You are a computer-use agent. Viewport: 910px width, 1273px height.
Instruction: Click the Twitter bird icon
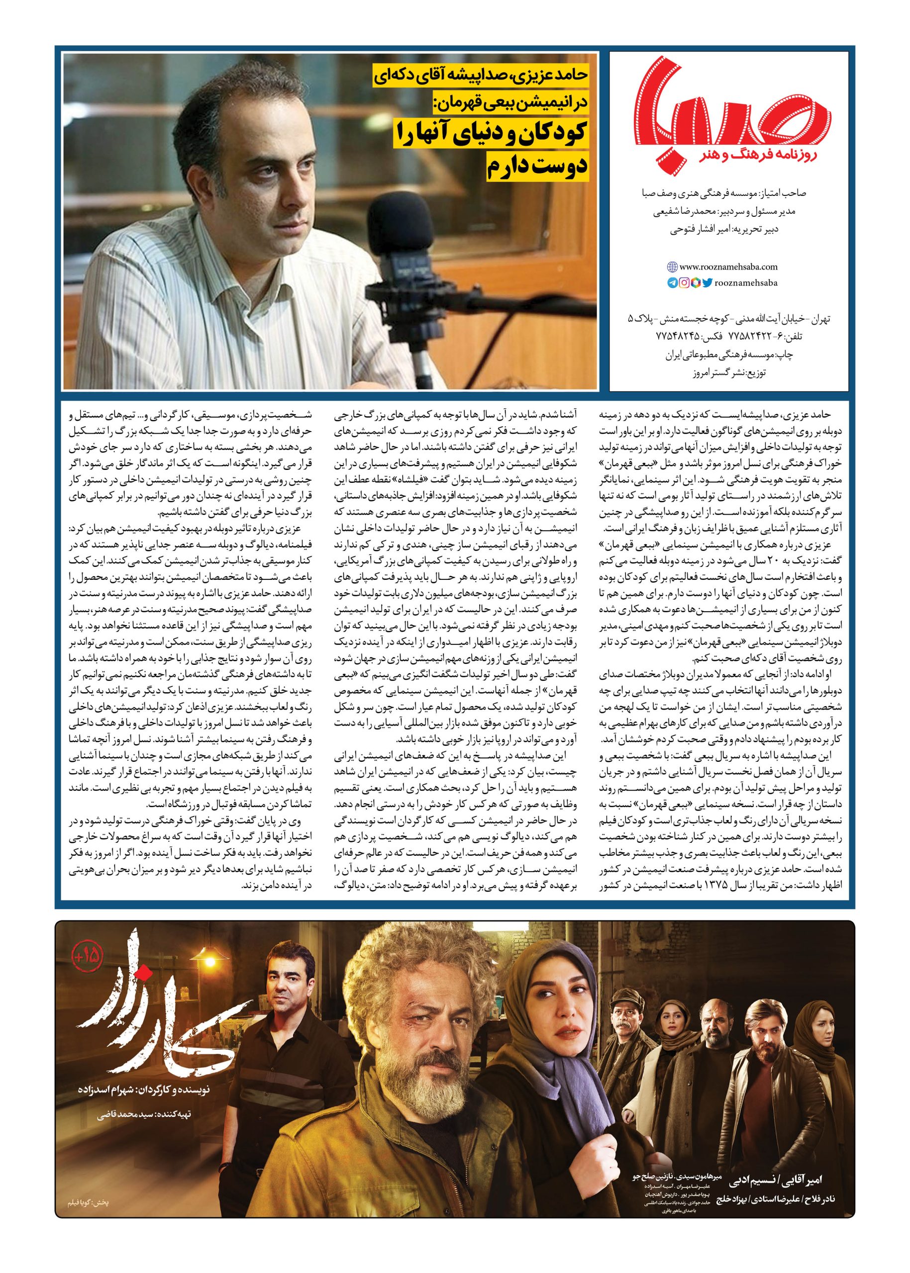[x=707, y=283]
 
